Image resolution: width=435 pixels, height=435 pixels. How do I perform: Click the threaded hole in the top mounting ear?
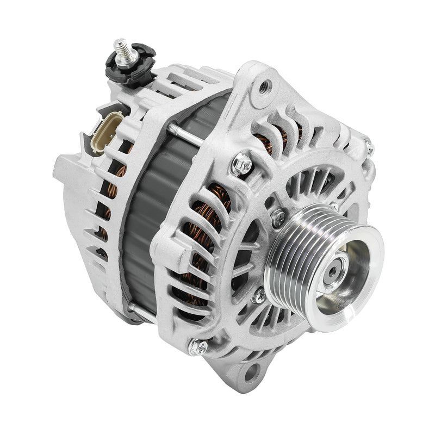[265, 86]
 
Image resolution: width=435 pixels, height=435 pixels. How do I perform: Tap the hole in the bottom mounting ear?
[251, 373]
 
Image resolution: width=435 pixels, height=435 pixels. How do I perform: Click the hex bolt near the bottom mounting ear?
[199, 346]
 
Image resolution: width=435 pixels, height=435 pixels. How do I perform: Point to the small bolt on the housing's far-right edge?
[369, 147]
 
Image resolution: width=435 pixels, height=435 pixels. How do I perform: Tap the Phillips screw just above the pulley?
[278, 217]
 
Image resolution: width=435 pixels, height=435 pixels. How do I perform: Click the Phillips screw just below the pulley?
[259, 296]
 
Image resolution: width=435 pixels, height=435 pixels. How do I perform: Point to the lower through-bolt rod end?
[134, 308]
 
